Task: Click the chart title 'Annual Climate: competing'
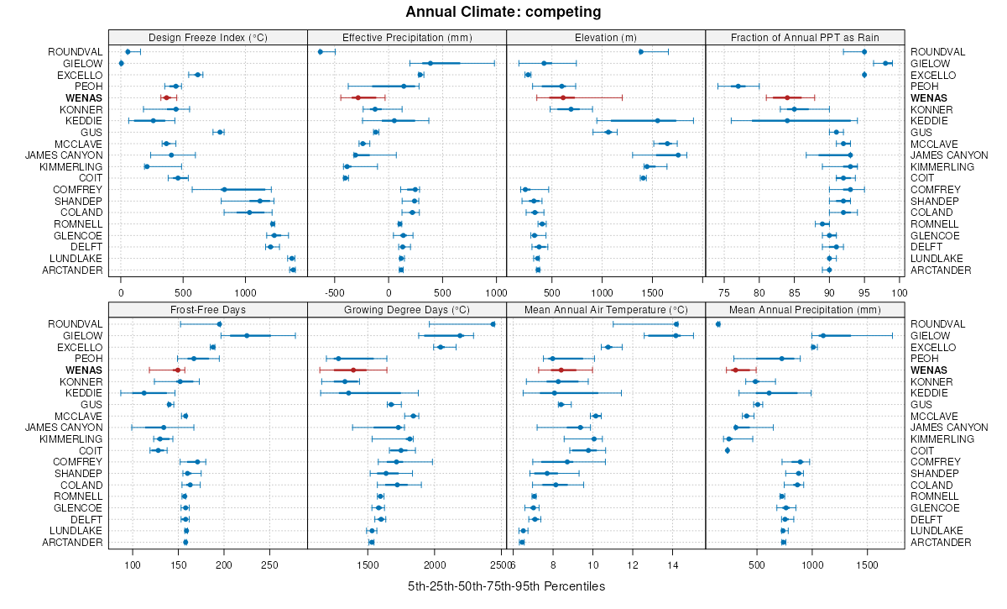tap(503, 12)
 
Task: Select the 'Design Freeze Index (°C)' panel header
tap(207, 37)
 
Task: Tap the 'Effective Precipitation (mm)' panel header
tap(407, 37)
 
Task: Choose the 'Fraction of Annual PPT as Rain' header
tap(805, 37)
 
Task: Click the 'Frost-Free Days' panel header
tap(207, 309)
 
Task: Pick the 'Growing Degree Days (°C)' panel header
tap(407, 309)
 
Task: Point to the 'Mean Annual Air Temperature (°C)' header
tap(606, 309)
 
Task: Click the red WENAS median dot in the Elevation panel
tap(562, 98)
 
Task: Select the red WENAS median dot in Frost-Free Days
tap(176, 370)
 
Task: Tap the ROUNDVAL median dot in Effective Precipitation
tap(321, 52)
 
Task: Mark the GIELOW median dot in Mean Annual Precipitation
tap(822, 336)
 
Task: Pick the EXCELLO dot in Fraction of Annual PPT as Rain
tap(864, 75)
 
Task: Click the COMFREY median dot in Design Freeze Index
tap(224, 190)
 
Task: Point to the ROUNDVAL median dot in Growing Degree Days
tap(493, 324)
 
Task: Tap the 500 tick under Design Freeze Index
tap(183, 293)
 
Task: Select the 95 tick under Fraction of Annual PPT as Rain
tap(864, 293)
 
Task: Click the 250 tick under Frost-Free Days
tap(269, 565)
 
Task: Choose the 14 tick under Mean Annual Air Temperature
tap(673, 565)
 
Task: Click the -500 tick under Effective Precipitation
tap(335, 293)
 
